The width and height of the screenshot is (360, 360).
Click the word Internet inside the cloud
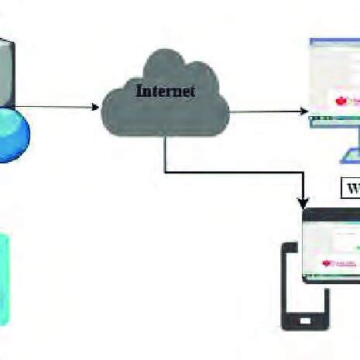(x=165, y=91)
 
